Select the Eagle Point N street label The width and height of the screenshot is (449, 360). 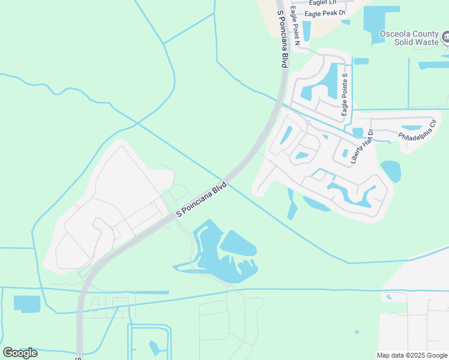(x=295, y=25)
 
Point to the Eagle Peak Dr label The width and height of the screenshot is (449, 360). (x=325, y=13)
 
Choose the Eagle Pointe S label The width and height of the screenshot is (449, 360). (x=345, y=95)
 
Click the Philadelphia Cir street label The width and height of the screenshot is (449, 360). (x=417, y=131)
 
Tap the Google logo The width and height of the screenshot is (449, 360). (x=20, y=353)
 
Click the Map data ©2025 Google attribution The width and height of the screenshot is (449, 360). (x=412, y=355)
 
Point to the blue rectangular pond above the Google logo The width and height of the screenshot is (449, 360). (x=27, y=304)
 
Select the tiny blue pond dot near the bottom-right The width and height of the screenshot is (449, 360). (x=357, y=332)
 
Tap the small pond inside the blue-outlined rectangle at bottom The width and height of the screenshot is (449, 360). (x=154, y=347)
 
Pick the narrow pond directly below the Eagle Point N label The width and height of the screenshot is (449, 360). (x=307, y=31)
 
